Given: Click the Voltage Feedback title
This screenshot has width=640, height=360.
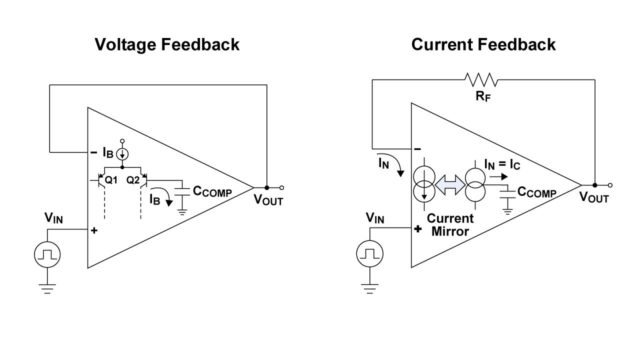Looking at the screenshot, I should click(167, 45).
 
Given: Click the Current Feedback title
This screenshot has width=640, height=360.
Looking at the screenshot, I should click(483, 45).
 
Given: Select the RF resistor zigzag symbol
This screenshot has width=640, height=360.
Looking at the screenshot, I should click(480, 79).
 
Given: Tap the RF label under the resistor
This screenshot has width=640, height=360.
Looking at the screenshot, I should click(483, 96).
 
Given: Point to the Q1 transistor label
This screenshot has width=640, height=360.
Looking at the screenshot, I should click(111, 180).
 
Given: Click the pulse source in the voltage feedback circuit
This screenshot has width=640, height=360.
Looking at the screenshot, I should click(47, 255).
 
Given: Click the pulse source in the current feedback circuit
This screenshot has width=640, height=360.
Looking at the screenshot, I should click(369, 254).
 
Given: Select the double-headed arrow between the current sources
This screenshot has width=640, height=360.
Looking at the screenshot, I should click(450, 184).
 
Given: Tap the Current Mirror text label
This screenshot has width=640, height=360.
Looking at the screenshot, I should click(450, 225).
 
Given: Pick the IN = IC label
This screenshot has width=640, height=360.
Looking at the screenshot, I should click(502, 164).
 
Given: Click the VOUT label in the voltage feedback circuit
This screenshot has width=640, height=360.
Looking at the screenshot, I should click(268, 200).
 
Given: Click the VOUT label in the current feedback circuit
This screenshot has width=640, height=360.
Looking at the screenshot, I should click(594, 197).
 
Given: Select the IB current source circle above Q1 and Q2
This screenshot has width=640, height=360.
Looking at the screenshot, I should click(122, 154).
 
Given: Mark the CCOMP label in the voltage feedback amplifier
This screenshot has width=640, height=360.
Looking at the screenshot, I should click(212, 191).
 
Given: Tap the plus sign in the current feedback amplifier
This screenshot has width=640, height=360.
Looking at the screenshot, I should click(418, 229).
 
